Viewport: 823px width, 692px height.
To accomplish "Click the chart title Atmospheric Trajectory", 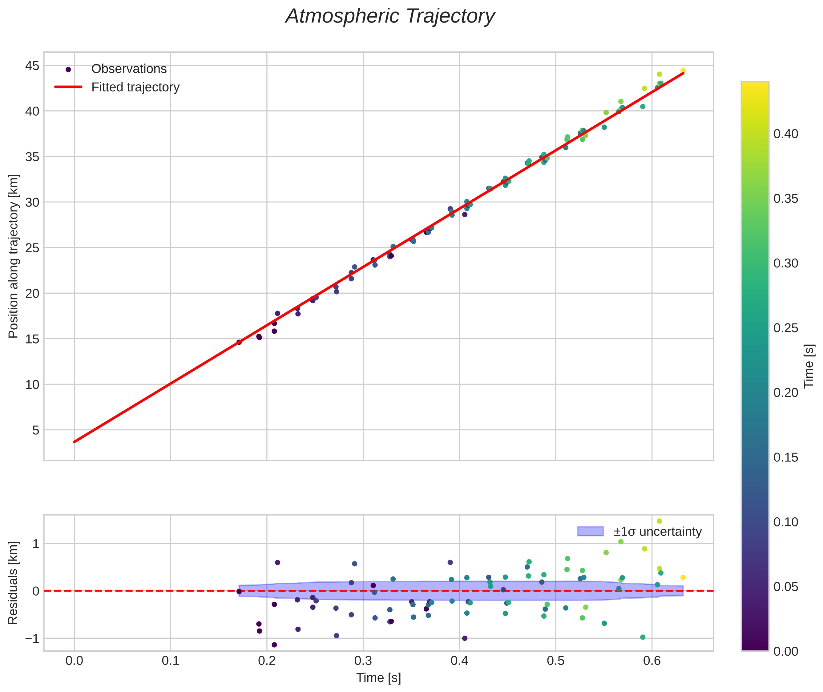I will pos(390,16).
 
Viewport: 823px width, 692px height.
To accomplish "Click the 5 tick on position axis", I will pos(36,430).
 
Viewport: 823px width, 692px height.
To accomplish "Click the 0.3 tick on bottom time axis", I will pos(363,661).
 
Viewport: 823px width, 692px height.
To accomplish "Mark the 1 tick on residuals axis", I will pos(36,544).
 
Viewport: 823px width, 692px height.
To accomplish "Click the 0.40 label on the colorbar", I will pos(785,134).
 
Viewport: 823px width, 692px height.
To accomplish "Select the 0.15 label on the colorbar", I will pos(785,458).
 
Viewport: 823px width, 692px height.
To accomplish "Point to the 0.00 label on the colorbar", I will pos(785,651).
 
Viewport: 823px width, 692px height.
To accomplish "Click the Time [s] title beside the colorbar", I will pos(809,366).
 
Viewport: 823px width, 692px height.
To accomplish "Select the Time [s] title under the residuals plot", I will pos(378,678).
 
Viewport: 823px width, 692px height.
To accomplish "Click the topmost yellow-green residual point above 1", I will pos(659,521).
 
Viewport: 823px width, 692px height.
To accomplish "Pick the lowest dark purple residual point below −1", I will pos(274,645).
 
